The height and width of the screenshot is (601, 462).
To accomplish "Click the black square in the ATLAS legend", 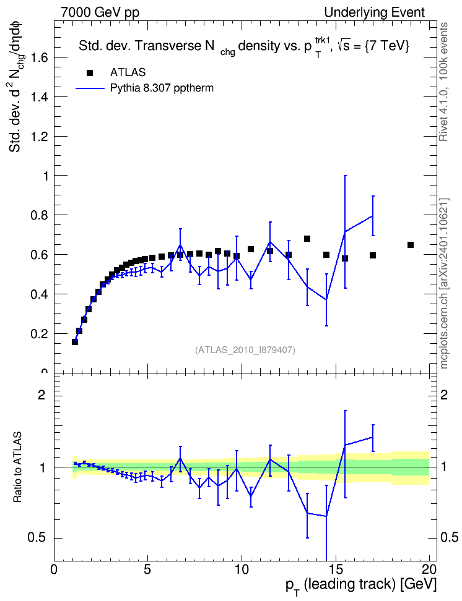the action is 90,73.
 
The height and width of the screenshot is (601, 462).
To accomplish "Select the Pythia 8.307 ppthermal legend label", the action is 162,88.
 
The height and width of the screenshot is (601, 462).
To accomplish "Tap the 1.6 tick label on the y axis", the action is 40,58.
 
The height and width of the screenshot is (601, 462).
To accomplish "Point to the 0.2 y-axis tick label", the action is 40,333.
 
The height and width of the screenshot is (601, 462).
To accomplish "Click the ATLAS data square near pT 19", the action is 411,245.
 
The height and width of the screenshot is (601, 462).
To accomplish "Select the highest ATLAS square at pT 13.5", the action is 307,239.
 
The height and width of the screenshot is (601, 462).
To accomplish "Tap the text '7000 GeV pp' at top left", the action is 100,12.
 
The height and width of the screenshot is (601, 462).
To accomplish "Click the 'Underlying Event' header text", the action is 375,12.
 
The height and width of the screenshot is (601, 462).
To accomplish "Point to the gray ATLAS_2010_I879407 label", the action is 245,350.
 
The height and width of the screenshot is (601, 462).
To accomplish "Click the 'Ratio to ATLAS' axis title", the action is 17,467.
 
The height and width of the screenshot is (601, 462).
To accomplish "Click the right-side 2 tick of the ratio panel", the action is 444,394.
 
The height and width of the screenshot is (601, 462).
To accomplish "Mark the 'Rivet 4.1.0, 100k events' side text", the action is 443,82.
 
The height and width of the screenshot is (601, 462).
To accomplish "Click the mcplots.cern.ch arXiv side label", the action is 444,283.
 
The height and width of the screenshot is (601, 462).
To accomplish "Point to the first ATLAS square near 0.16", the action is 75,341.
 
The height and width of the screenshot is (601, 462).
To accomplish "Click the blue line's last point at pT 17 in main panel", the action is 373,216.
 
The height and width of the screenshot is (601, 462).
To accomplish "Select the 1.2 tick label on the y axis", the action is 40,137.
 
